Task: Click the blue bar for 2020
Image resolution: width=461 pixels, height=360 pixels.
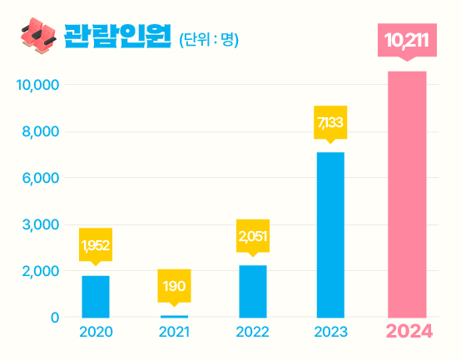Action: tap(96, 296)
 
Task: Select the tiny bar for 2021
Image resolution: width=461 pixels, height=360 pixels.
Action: tap(174, 316)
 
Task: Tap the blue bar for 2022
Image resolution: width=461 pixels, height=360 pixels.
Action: tap(253, 291)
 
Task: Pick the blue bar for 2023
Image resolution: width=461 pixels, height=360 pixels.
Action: tap(330, 234)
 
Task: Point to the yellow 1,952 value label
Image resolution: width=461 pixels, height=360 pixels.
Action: tap(96, 245)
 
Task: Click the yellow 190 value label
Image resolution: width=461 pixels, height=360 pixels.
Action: tap(174, 286)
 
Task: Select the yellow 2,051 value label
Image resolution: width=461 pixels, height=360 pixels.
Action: tap(253, 236)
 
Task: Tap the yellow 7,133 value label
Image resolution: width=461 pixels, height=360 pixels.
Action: tap(330, 123)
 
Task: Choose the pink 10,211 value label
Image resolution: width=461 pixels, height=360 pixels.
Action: tap(407, 41)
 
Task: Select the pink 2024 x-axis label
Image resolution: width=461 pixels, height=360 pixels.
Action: tap(408, 332)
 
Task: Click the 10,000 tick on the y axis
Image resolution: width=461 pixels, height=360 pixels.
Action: tap(37, 85)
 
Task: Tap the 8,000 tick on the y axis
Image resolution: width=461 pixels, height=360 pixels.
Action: tap(39, 131)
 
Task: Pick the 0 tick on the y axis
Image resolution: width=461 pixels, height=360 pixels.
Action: tap(55, 317)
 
